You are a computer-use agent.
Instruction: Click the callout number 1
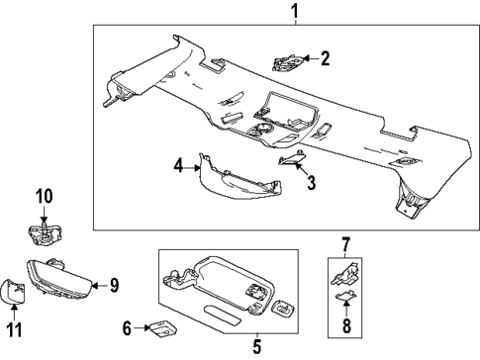(292, 12)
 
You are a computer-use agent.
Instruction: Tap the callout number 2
(324, 59)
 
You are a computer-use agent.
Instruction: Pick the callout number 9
(114, 286)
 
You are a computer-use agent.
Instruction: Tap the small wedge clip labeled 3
(288, 161)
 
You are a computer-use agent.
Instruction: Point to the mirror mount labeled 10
(42, 234)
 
